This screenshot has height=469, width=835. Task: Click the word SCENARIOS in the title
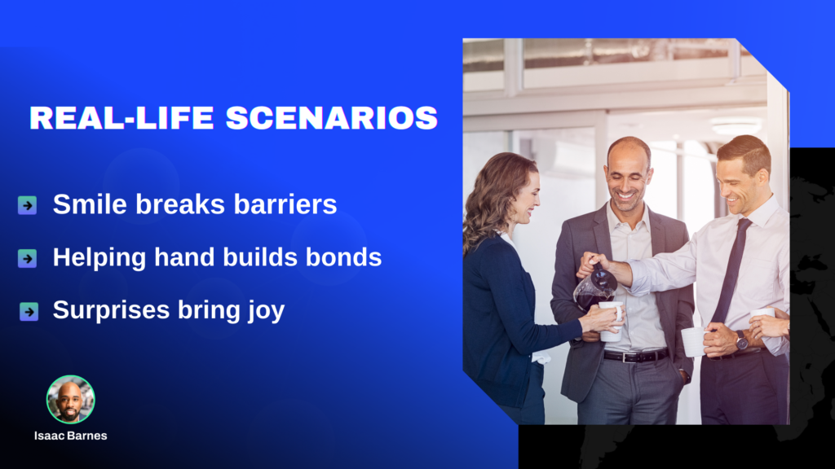(x=331, y=117)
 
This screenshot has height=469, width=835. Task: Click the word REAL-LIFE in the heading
(x=121, y=117)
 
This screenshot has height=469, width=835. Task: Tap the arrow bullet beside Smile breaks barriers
(x=27, y=204)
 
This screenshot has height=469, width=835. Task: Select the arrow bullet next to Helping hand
(x=27, y=258)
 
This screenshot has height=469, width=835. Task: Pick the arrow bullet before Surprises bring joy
(x=29, y=311)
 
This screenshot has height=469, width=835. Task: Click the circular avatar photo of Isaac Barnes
(x=71, y=399)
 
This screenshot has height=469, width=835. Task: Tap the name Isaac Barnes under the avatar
(x=71, y=436)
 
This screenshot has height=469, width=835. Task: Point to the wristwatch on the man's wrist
(x=741, y=340)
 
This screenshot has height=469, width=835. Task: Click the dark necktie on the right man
(x=731, y=270)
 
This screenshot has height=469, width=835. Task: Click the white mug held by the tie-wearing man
(x=693, y=342)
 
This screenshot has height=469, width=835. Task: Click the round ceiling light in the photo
(x=736, y=125)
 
